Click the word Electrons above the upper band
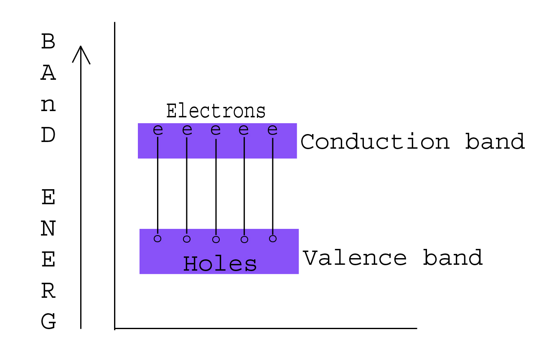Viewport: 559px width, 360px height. [216, 111]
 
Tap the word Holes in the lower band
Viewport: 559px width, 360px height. [220, 264]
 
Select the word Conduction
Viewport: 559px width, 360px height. [375, 142]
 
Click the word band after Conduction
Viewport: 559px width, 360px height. [495, 141]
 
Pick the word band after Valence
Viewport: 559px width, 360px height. [453, 257]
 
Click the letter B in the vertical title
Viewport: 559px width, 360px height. [48, 41]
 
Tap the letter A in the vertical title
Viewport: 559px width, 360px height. [48, 73]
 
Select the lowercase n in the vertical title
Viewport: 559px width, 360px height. [48, 105]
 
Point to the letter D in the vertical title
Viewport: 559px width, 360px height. [48, 135]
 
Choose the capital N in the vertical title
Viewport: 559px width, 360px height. [48, 228]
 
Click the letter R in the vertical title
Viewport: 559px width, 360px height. [48, 291]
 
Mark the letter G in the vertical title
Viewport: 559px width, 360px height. [48, 321]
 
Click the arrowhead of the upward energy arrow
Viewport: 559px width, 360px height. [81, 46]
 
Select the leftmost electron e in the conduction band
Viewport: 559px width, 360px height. [158, 130]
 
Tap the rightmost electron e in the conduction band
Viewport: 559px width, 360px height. [272, 130]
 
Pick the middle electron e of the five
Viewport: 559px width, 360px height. [216, 130]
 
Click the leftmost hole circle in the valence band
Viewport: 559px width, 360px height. [158, 239]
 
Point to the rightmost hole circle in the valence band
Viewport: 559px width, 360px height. [273, 239]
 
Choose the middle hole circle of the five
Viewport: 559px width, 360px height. [216, 239]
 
